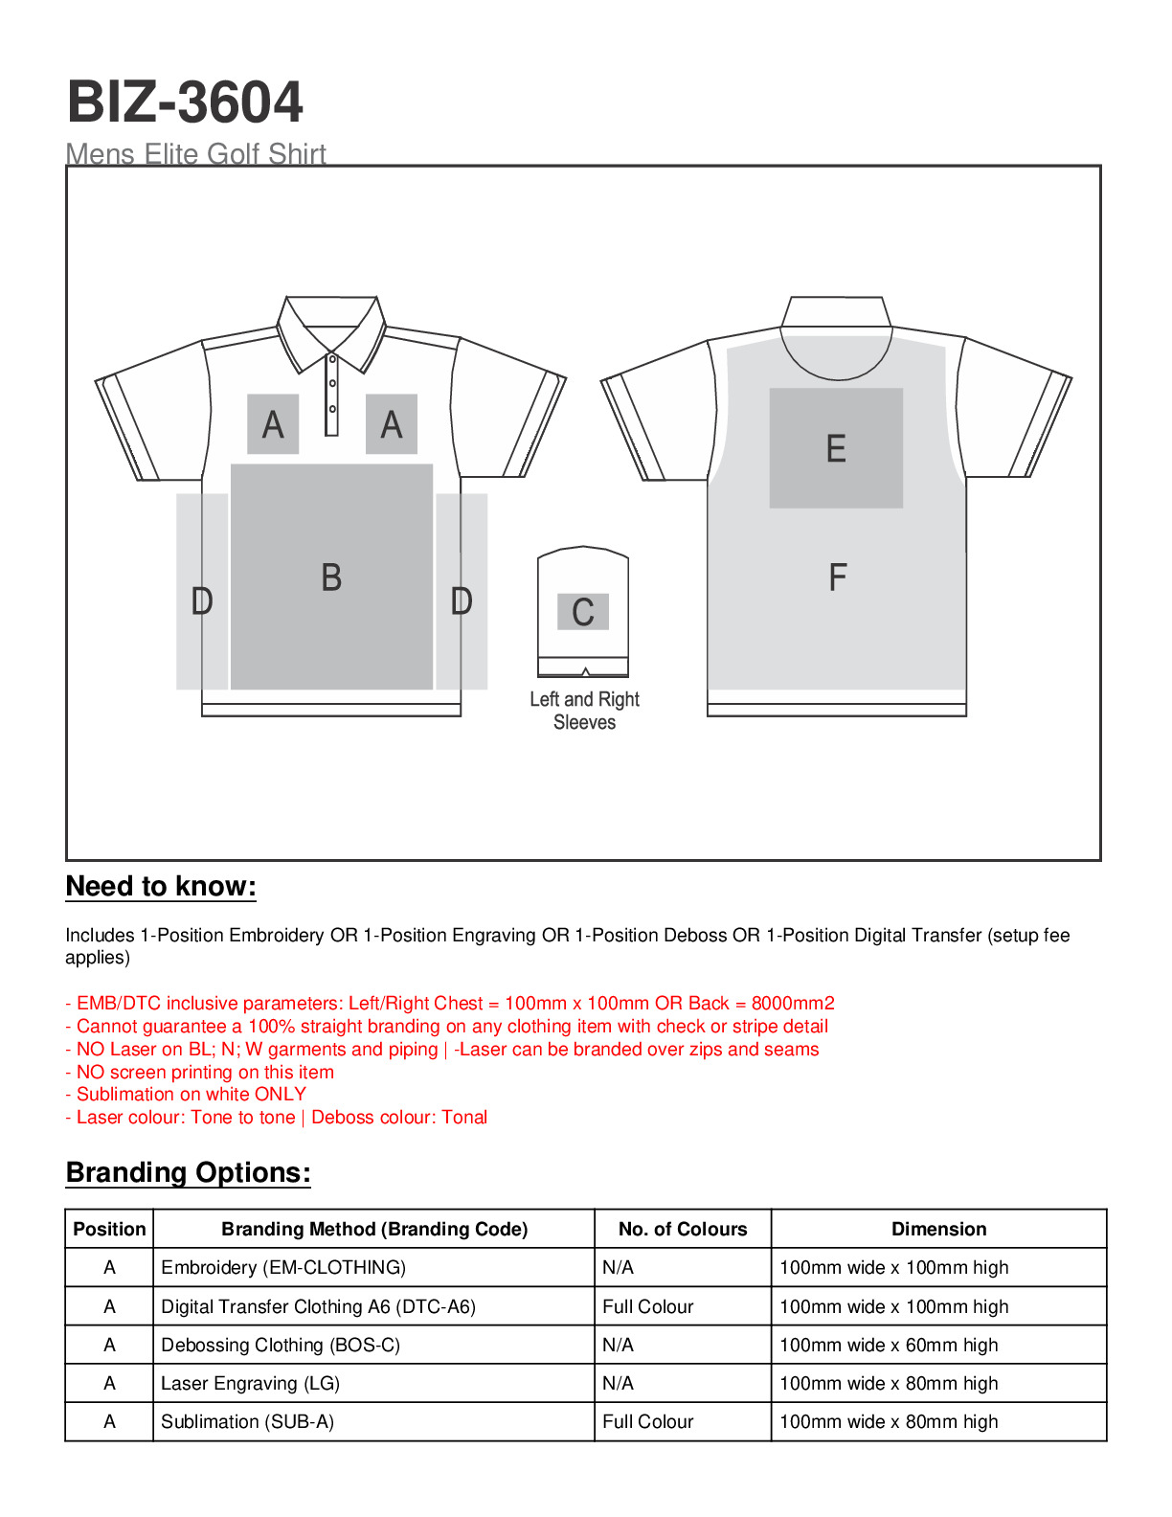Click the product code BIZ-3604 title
pos(185,102)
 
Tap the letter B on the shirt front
pos(331,577)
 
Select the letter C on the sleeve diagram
pos(583,612)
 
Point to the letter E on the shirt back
pos(836,448)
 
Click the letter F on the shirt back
pos(837,577)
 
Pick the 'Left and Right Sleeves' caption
pos(584,711)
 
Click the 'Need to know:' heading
pos(161,886)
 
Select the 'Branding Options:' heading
pos(189,1172)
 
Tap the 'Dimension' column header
pos(938,1229)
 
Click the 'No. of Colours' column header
pos(683,1229)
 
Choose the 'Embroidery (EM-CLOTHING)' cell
pos(283,1267)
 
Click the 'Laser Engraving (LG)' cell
pos(250,1383)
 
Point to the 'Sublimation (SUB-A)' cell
pos(247,1421)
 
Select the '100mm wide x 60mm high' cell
pos(889,1345)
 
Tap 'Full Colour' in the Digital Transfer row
pos(647,1306)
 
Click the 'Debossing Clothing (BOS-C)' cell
pos(281,1345)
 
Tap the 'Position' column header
pos(109,1229)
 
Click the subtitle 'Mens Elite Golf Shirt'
pos(196,153)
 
